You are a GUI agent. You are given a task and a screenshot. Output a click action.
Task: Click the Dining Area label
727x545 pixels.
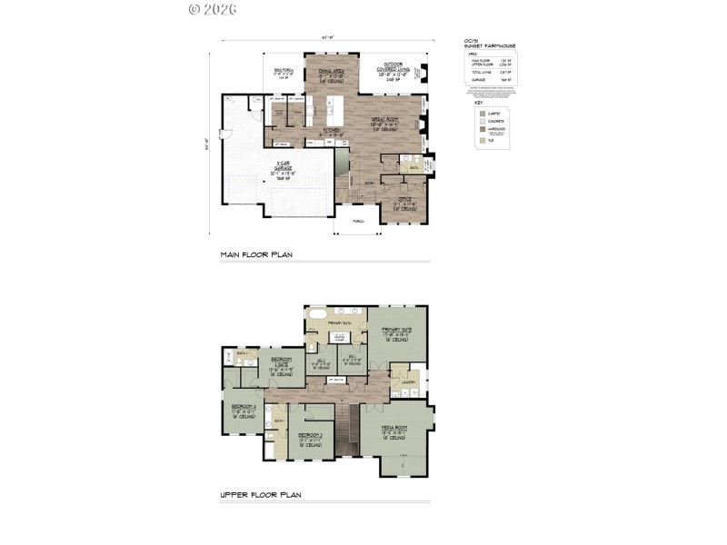pos(324,71)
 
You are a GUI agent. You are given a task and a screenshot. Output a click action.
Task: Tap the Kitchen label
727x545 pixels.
pos(332,130)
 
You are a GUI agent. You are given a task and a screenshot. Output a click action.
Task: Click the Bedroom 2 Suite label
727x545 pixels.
pos(280,361)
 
